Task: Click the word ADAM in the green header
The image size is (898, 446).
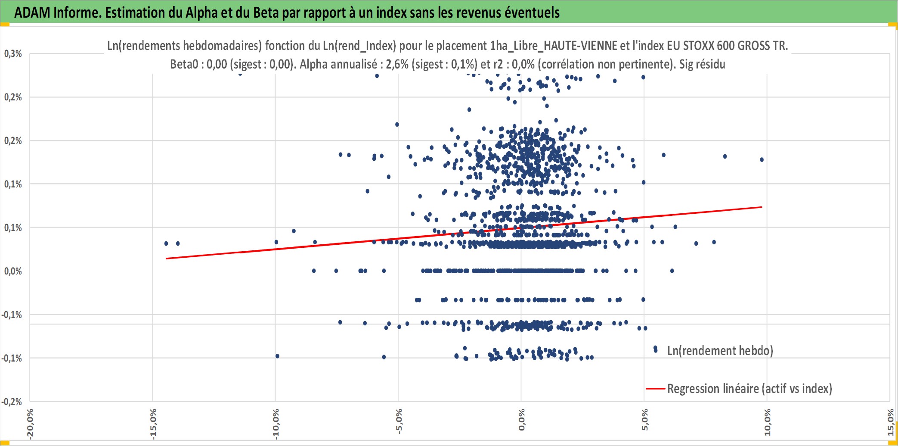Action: tap(32, 12)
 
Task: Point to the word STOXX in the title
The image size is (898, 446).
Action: tap(699, 45)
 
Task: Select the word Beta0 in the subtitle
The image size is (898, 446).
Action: tap(184, 64)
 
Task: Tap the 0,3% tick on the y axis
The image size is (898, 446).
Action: tap(13, 53)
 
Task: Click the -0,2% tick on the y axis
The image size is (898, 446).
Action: tap(12, 402)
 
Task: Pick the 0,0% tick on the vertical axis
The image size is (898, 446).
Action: tap(13, 271)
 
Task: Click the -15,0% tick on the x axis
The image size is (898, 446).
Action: tap(153, 424)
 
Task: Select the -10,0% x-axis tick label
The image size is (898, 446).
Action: tap(276, 424)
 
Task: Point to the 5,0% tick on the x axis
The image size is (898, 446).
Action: tap(644, 420)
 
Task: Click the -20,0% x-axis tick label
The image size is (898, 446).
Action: tap(30, 424)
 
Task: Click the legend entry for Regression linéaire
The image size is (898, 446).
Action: tap(739, 389)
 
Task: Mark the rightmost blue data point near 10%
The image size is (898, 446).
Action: tap(762, 159)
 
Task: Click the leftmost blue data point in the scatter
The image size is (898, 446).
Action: tap(166, 243)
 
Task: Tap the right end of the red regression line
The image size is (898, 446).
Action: tap(762, 207)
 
